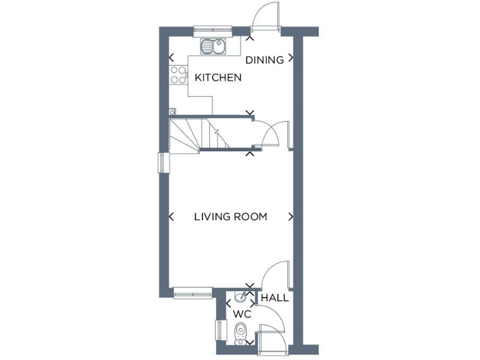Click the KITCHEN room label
tap(218, 78)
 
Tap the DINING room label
tap(264, 60)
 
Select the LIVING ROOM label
tap(230, 217)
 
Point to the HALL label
tap(275, 297)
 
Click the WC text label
tap(242, 313)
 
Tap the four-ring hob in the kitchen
tap(179, 74)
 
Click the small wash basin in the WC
tap(240, 297)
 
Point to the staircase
tap(193, 136)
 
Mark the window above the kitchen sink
tap(213, 29)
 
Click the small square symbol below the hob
tap(172, 111)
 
